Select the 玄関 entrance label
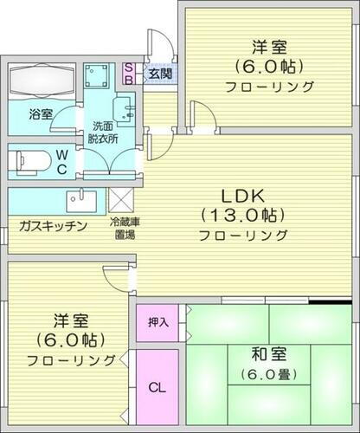(x=157, y=72)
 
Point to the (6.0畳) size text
(x=264, y=374)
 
